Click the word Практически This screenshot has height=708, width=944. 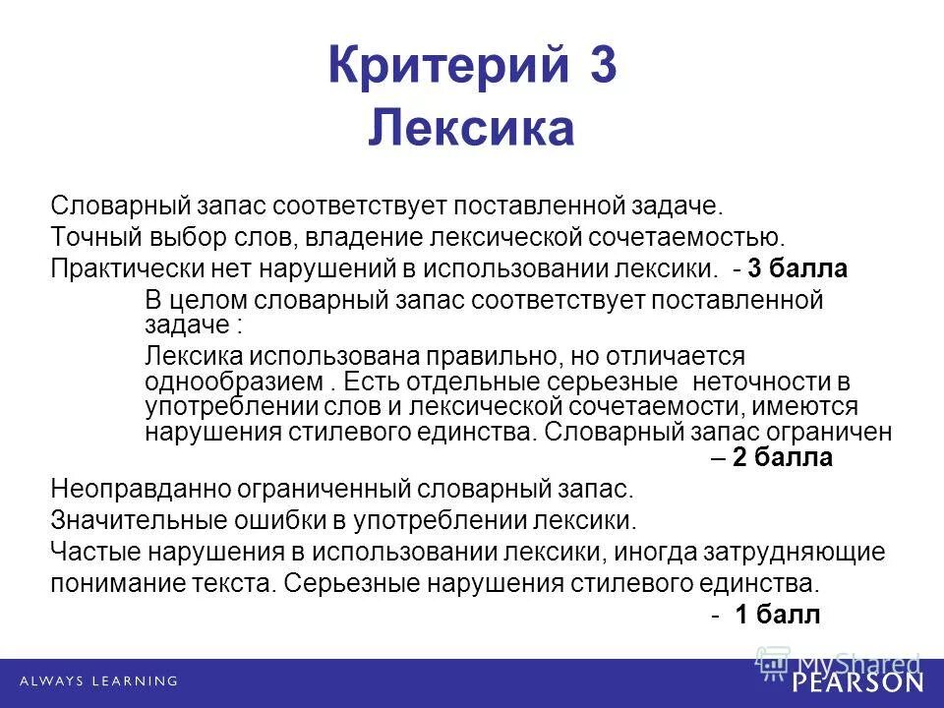tap(117, 267)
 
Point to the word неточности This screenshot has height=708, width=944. tap(752, 381)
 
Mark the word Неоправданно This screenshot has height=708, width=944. tap(128, 489)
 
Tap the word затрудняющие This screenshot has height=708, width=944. tap(798, 551)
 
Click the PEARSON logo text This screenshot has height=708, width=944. tap(858, 681)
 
